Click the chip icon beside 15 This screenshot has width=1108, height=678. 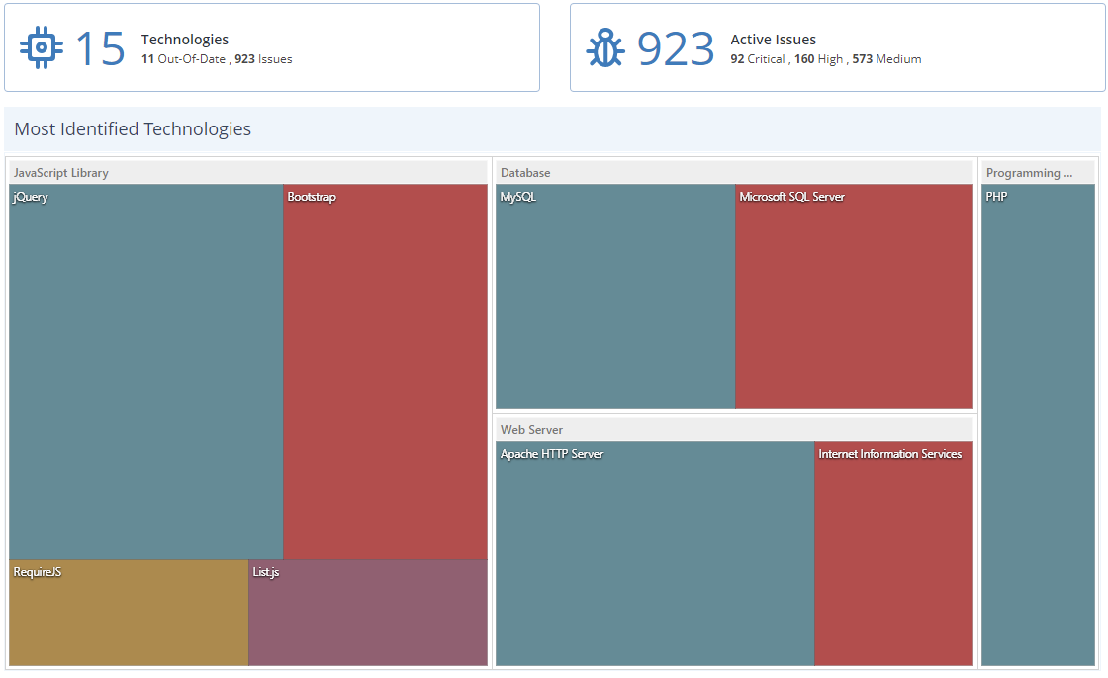click(42, 47)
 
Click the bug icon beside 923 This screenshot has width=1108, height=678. click(605, 47)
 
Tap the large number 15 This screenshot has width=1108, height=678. click(100, 48)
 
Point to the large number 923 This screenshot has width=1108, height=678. click(676, 48)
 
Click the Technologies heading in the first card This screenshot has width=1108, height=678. click(185, 40)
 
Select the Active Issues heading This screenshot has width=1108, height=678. click(773, 40)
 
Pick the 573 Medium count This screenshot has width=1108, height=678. click(886, 59)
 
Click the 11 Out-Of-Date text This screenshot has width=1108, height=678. click(183, 59)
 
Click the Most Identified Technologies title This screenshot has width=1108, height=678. click(133, 129)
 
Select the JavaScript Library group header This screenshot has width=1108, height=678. click(61, 173)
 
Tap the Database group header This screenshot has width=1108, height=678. click(525, 173)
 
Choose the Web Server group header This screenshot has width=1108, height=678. click(532, 430)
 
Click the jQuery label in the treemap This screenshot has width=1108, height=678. click(31, 197)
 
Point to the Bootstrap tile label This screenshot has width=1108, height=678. click(312, 197)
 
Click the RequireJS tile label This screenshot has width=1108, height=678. click(38, 572)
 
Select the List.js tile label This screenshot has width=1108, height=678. click(266, 572)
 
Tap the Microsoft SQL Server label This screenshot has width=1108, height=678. click(791, 197)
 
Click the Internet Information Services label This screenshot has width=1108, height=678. click(889, 454)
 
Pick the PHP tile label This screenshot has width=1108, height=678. click(996, 197)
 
